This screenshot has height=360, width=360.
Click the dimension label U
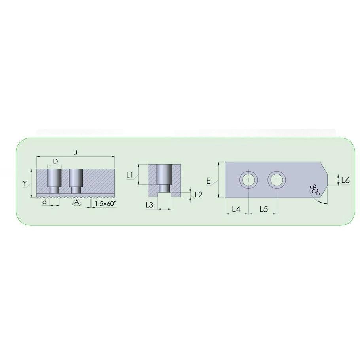coord(75,153)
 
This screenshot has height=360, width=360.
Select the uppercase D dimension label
coord(55,161)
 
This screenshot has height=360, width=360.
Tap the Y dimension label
coord(25,184)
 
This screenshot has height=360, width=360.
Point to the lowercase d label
coord(45,202)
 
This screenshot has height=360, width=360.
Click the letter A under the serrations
coord(78,202)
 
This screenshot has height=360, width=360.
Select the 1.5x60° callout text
coord(106,203)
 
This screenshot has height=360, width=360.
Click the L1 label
coord(130,175)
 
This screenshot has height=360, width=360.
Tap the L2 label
coord(198,195)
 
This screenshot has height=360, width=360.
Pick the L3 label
coord(149,205)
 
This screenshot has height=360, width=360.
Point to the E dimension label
coord(208,181)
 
